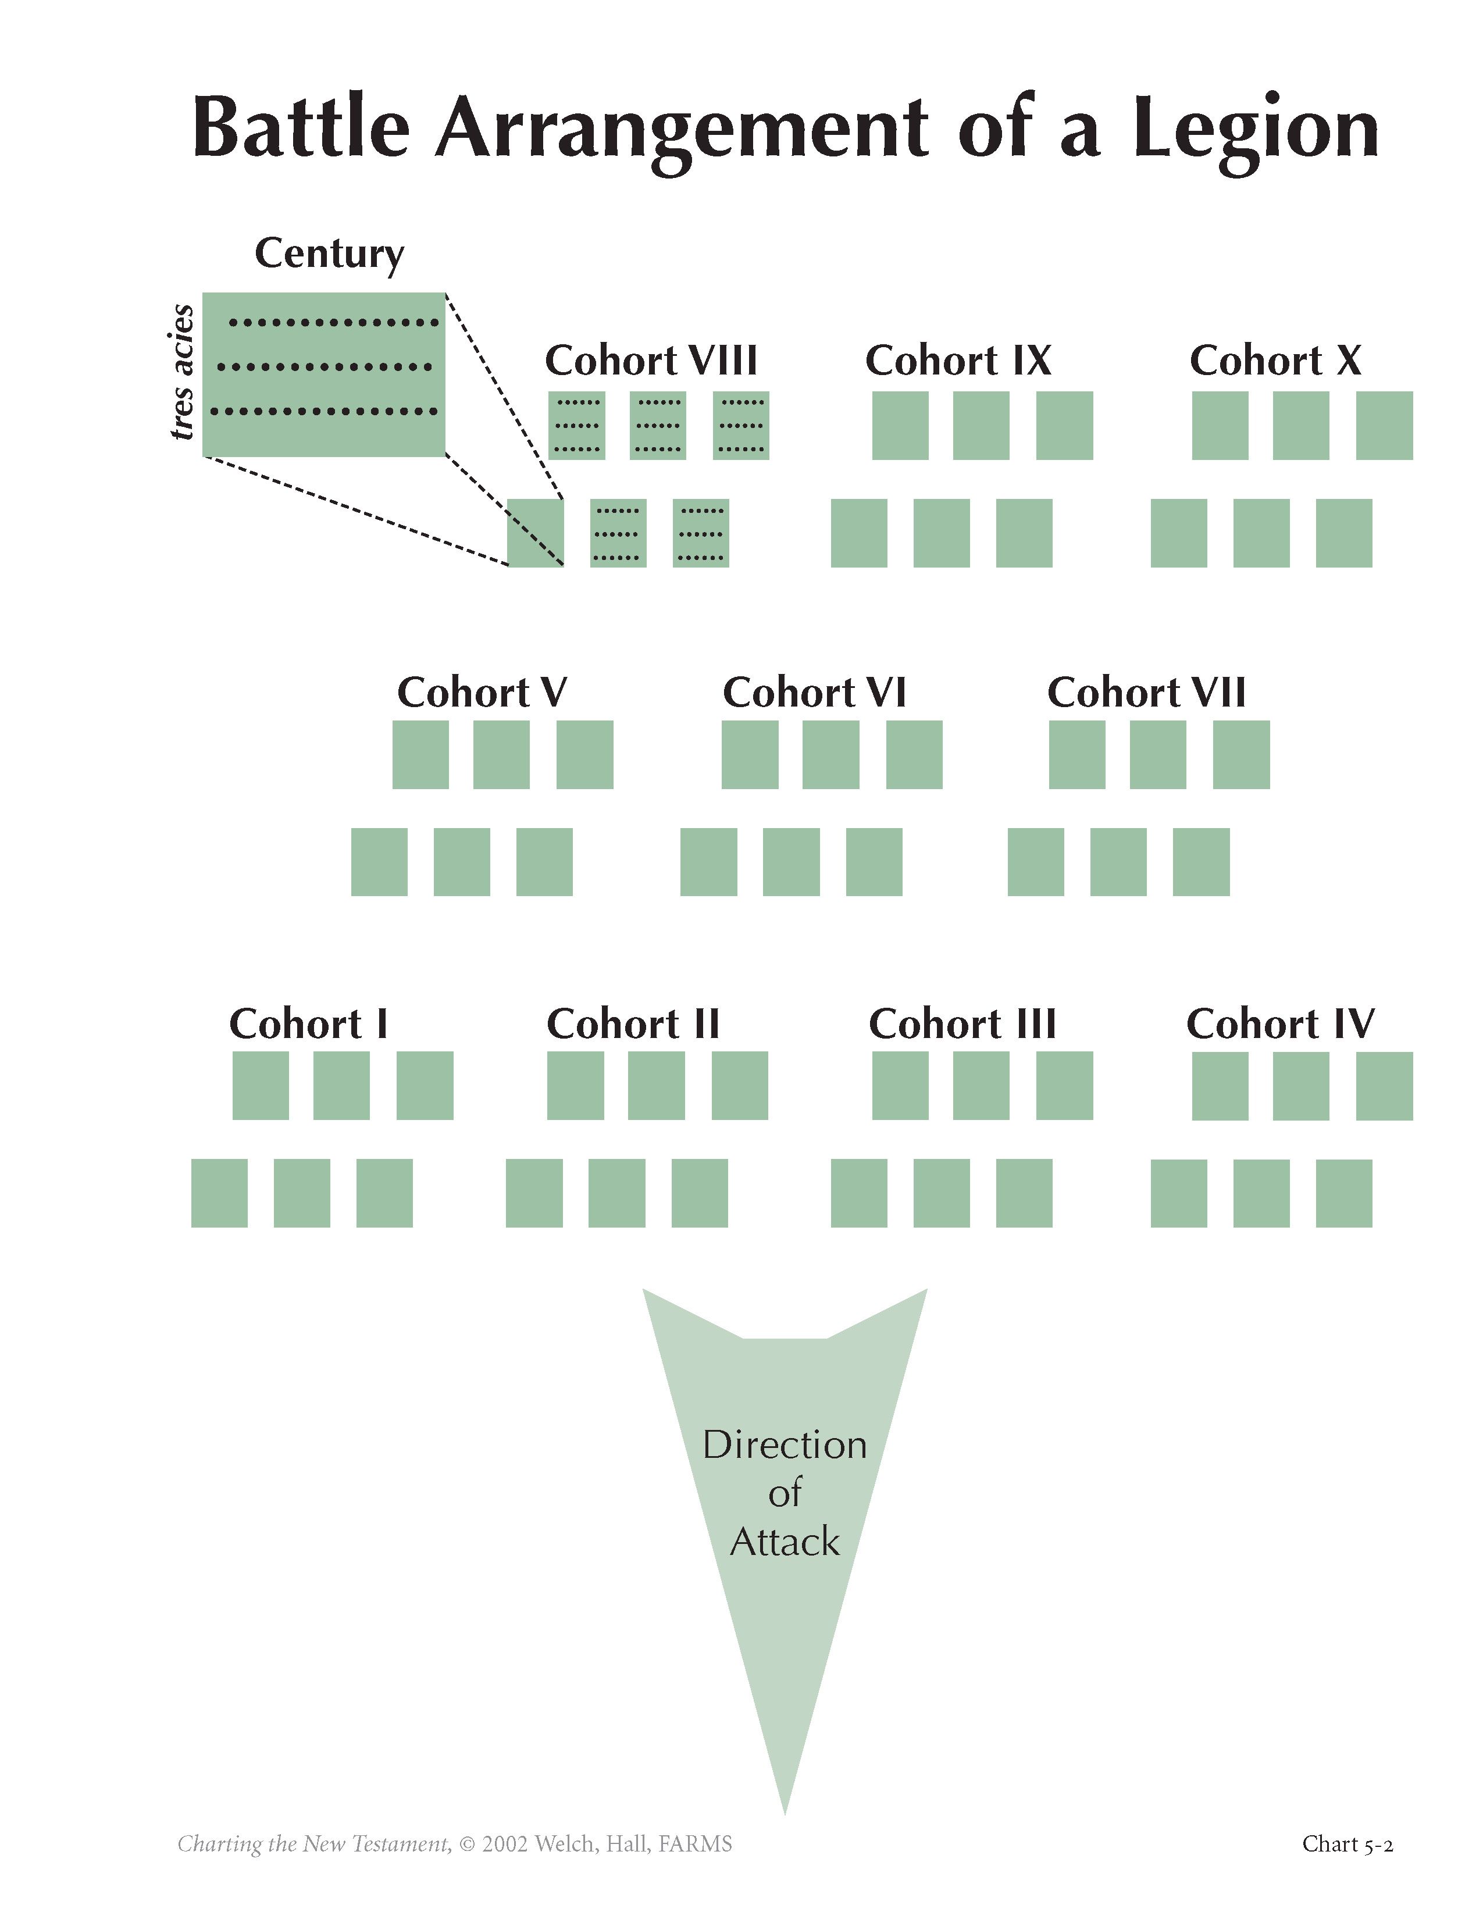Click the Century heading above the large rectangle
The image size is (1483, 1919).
point(329,254)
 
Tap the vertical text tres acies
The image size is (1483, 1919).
point(182,372)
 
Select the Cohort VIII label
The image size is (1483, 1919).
point(651,361)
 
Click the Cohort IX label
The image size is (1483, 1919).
point(958,361)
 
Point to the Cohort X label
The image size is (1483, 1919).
point(1275,361)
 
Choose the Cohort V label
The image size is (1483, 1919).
point(482,693)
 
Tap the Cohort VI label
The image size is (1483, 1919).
point(814,693)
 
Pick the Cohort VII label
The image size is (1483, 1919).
point(1146,693)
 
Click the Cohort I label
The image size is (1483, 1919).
point(308,1023)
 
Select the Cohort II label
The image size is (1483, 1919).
point(633,1023)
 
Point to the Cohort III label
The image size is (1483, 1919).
point(962,1023)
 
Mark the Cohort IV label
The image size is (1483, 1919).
point(1280,1023)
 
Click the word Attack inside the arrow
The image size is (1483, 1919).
point(785,1542)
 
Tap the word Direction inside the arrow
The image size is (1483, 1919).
point(785,1446)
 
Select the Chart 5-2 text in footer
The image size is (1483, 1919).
point(1347,1843)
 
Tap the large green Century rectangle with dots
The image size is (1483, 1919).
point(324,374)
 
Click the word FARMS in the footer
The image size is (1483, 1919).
point(695,1843)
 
